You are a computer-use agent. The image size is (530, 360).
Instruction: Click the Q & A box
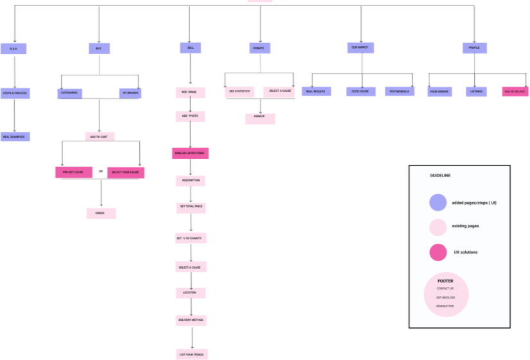click(x=13, y=48)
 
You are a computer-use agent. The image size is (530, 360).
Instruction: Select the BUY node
click(x=99, y=48)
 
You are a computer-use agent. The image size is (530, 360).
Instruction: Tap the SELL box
click(x=191, y=48)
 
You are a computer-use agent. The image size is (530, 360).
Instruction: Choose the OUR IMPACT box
click(x=361, y=48)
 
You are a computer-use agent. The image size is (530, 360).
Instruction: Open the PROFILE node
click(x=474, y=48)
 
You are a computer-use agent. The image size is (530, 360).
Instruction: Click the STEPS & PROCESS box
click(x=15, y=93)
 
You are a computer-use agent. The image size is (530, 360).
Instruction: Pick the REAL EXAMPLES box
click(x=15, y=137)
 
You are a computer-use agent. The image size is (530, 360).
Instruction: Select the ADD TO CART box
click(x=100, y=137)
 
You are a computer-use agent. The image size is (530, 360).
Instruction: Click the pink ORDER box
click(x=101, y=213)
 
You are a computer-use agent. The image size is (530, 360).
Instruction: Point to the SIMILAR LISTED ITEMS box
click(x=191, y=153)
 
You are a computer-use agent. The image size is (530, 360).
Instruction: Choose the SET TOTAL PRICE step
click(x=191, y=208)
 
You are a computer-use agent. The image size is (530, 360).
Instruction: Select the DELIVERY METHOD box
click(x=191, y=320)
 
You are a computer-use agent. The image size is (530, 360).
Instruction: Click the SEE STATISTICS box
click(x=240, y=92)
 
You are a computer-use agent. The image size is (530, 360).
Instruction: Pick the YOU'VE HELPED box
click(x=515, y=92)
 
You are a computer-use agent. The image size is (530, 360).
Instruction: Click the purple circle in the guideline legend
click(x=438, y=203)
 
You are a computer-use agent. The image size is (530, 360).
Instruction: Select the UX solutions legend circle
click(x=438, y=252)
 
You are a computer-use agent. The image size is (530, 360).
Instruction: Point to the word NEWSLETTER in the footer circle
click(x=445, y=306)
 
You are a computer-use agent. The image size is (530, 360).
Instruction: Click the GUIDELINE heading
click(x=440, y=176)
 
